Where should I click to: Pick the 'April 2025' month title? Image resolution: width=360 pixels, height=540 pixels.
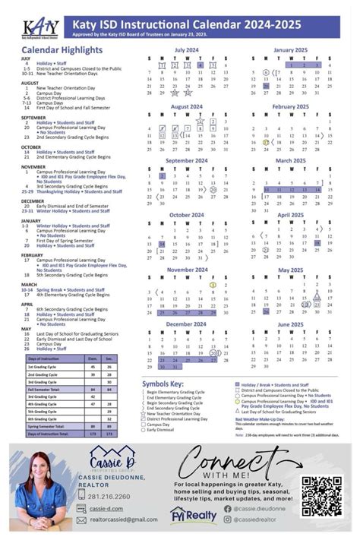(x=289, y=215)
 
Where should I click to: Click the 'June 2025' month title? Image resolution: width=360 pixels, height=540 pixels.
(x=289, y=324)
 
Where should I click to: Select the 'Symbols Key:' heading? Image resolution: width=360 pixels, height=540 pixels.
(x=163, y=384)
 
